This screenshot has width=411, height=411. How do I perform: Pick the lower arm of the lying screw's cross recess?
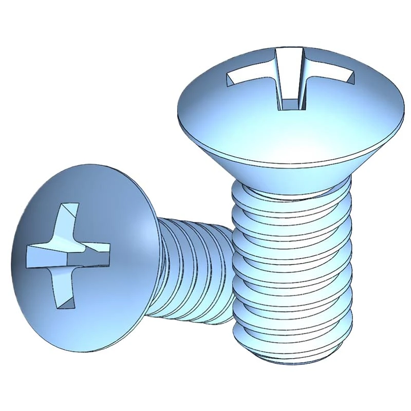61,293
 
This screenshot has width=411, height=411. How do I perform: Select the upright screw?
293,206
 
